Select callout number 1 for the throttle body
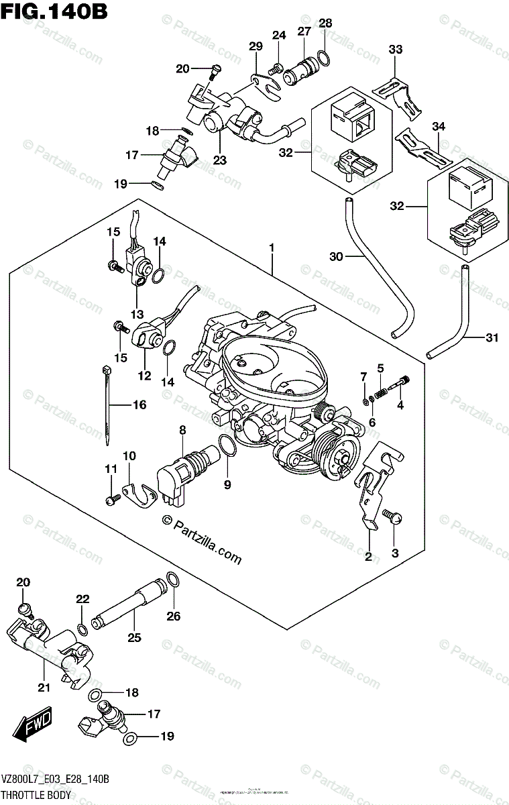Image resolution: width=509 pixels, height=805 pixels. click(272, 249)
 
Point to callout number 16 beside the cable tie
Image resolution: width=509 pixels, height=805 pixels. click(138, 405)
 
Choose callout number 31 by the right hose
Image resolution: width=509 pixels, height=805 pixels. click(492, 338)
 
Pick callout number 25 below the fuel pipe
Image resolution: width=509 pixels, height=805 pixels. click(134, 637)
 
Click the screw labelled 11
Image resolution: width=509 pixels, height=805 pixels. click(113, 498)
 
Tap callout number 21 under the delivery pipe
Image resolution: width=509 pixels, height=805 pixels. click(44, 686)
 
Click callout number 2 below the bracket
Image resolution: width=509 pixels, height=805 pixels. click(368, 555)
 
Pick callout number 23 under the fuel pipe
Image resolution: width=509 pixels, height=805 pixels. click(220, 160)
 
